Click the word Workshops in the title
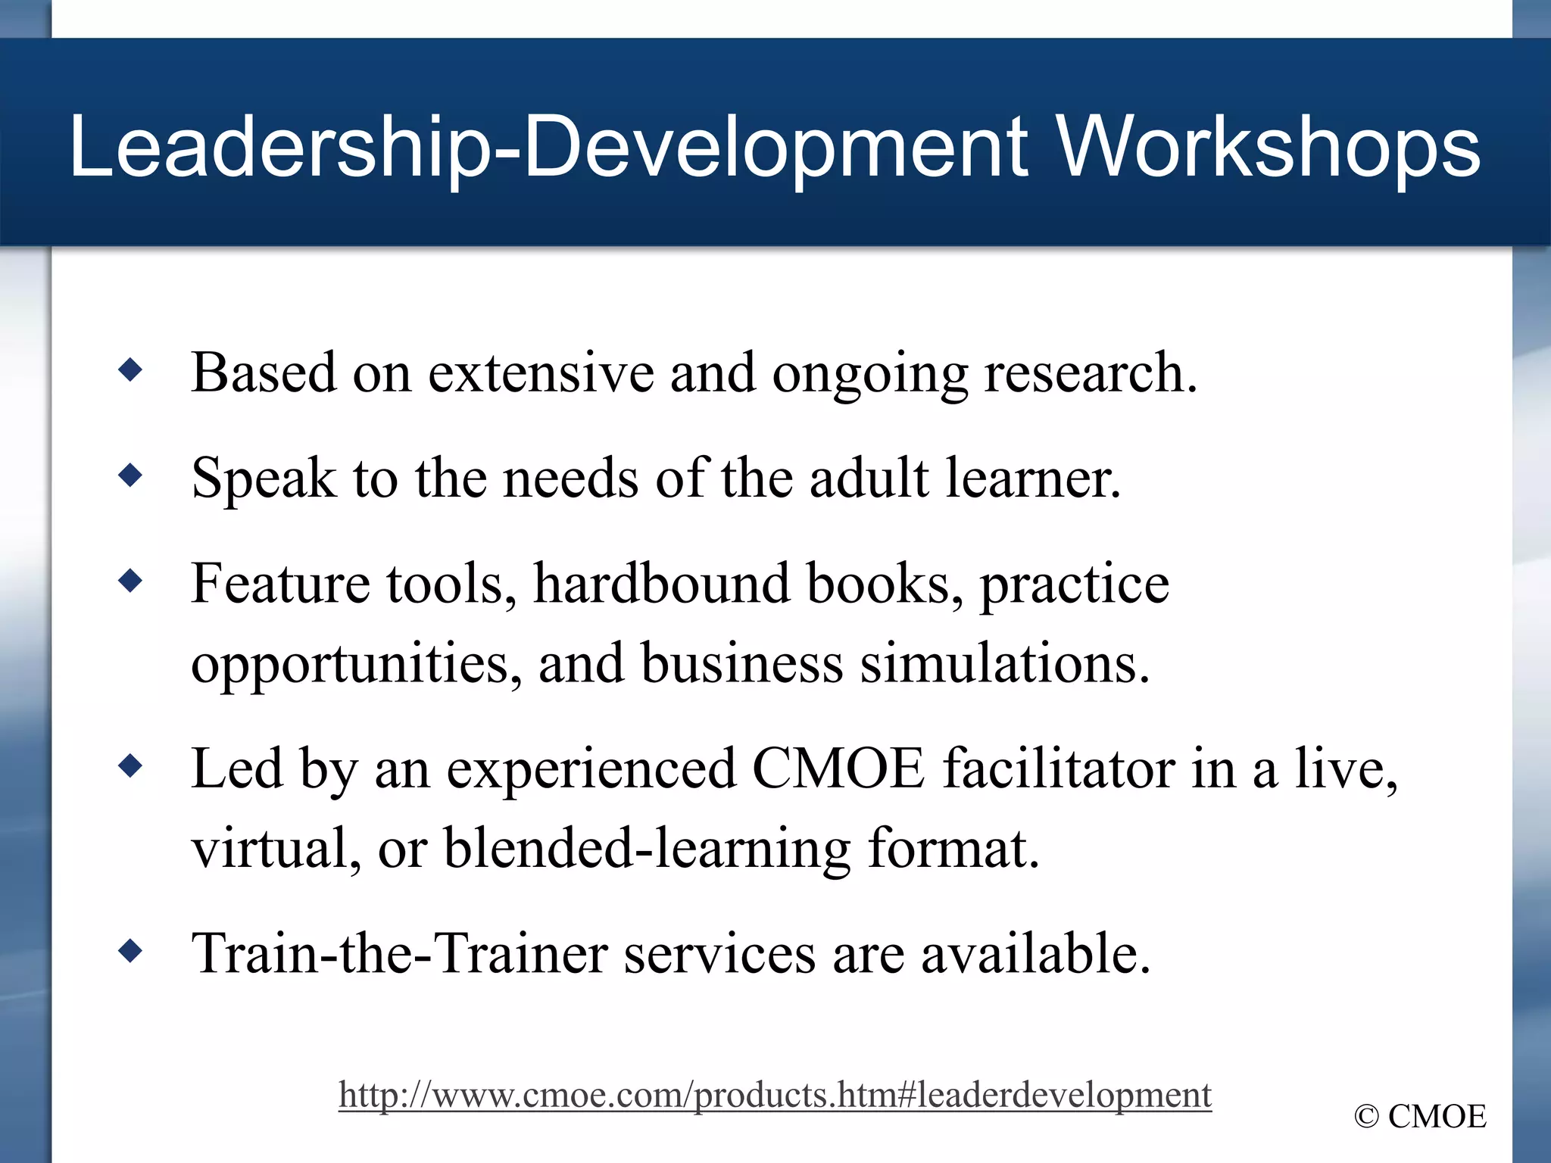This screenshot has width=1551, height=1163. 1268,148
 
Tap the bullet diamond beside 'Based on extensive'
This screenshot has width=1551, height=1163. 131,370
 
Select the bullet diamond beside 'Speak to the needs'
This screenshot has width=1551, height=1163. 131,476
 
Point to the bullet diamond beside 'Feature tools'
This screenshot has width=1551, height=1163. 131,581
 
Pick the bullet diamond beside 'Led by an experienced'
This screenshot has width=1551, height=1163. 131,767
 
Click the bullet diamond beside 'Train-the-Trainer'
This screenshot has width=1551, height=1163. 131,951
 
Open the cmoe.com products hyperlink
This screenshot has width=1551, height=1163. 775,1095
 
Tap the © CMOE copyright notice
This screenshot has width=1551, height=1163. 1421,1117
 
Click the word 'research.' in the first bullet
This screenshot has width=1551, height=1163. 1091,373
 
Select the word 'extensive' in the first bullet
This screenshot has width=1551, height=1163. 541,373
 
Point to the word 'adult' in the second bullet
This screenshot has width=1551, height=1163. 869,479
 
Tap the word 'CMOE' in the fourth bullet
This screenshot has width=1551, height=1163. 838,769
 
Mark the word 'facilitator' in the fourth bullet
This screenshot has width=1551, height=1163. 1058,769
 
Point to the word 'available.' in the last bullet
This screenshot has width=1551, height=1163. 1035,953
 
